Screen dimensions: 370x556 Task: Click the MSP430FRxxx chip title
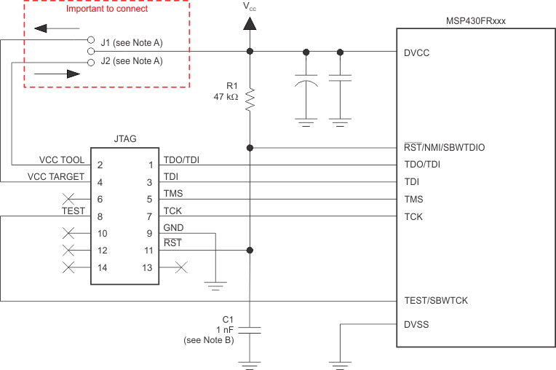click(x=475, y=21)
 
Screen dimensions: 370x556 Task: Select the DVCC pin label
click(x=418, y=52)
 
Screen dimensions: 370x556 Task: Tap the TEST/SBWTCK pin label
click(x=436, y=300)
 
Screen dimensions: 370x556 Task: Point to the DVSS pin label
click(x=417, y=324)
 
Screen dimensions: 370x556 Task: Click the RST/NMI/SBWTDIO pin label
click(x=444, y=147)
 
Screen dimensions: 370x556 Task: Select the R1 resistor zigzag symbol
click(x=250, y=99)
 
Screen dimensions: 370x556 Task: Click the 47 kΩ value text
click(x=226, y=97)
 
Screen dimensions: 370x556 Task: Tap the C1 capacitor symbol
click(x=250, y=330)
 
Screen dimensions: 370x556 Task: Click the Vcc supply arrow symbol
click(x=250, y=23)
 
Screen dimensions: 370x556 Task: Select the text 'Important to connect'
click(x=106, y=9)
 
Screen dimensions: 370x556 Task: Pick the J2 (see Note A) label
click(x=131, y=61)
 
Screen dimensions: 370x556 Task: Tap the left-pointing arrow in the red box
click(x=50, y=29)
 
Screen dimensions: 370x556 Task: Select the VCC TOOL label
click(x=62, y=160)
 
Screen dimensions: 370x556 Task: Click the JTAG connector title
click(x=126, y=138)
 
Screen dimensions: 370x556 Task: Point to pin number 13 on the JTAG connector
click(x=148, y=267)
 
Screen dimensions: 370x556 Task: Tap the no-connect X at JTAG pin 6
click(x=71, y=198)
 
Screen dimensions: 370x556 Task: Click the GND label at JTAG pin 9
click(x=173, y=227)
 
